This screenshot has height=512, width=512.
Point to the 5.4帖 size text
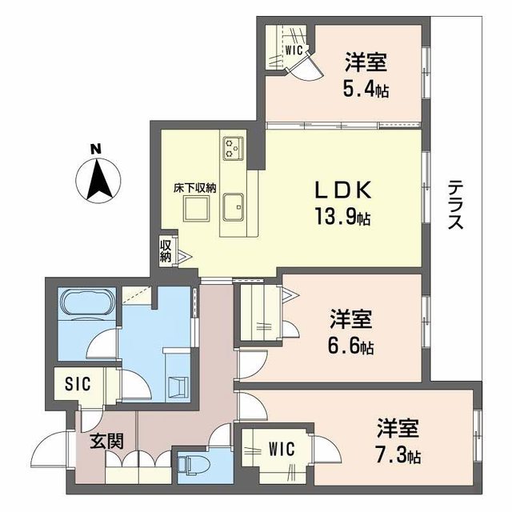pos(367,90)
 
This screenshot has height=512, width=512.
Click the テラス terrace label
pos(454,206)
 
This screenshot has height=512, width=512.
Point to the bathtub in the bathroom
pos(89,306)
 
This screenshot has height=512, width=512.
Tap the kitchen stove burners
pos(234,146)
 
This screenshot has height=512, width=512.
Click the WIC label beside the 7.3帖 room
pos(280,450)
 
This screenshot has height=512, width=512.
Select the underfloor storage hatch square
pos(195,209)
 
